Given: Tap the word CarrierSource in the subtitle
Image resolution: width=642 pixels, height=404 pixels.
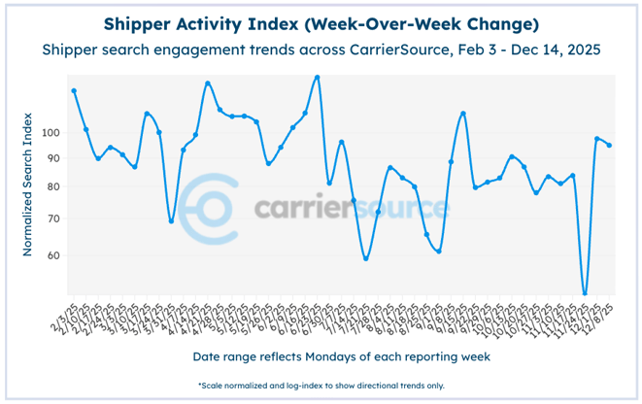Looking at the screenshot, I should click(408, 49).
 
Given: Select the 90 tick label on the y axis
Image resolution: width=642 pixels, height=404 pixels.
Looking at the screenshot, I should click(53, 158).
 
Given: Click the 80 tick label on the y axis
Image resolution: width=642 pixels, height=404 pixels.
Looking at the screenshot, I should click(53, 187).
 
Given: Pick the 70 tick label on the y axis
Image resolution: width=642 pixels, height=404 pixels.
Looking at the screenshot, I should click(53, 219).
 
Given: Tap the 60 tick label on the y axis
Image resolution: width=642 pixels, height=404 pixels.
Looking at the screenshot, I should click(53, 256).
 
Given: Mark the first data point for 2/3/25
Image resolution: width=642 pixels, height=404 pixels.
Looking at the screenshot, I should click(74, 90).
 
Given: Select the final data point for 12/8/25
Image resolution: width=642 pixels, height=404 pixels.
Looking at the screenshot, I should click(609, 145).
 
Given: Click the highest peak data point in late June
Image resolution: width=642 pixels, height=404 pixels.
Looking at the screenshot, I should click(318, 77).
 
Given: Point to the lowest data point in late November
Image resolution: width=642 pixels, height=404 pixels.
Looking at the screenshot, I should click(585, 293).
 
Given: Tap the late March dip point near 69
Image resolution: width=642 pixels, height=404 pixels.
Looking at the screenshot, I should click(172, 221).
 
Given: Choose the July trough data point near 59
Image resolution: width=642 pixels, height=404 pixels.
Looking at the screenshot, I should click(366, 258).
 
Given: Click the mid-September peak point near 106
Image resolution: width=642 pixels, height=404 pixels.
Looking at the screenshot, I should click(463, 114).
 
